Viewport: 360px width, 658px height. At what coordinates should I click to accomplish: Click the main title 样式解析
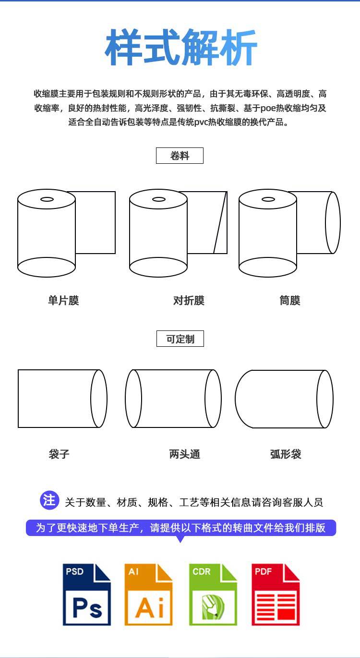point(181,48)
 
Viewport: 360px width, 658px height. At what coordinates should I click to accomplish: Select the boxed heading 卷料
point(180,156)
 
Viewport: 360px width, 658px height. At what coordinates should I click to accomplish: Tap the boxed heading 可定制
point(180,339)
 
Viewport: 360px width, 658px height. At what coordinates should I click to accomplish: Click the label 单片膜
point(63,301)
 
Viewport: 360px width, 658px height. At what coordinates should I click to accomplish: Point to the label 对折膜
point(189,301)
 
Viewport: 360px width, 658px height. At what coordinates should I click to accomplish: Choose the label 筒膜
point(290,301)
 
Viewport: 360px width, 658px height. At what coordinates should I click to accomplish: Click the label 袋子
point(59,454)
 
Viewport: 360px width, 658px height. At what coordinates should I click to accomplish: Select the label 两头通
point(185,454)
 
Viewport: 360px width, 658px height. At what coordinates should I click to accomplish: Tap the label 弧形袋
point(286,454)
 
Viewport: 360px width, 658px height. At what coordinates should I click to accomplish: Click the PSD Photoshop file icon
point(87,594)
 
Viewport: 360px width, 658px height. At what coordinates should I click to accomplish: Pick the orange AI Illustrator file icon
point(148,594)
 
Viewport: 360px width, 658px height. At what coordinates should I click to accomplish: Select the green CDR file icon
point(213,594)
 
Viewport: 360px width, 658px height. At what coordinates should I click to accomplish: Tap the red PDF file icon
point(276,594)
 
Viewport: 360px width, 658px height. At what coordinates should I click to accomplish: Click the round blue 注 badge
point(49,500)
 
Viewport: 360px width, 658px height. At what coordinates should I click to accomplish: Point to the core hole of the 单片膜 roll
point(47,199)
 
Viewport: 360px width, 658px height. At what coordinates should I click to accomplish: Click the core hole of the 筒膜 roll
point(268,199)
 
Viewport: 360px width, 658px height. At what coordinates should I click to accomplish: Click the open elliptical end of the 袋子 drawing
point(99,399)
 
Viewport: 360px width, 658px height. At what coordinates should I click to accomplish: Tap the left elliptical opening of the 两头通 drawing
point(133,399)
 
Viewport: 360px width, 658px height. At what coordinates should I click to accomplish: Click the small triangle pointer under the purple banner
point(180,539)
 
